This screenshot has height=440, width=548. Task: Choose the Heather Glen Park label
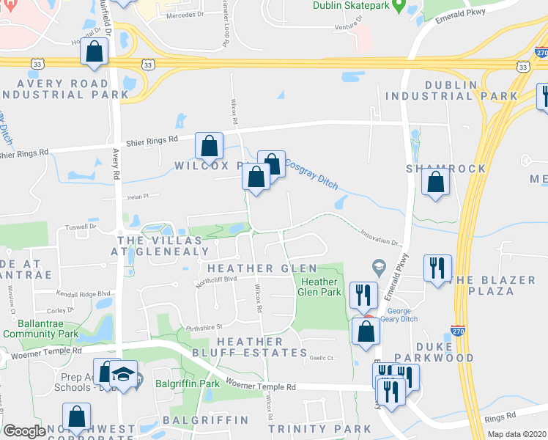tap(320, 287)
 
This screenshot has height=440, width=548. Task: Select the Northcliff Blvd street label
tap(216, 279)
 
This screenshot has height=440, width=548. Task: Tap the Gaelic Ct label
tap(321, 358)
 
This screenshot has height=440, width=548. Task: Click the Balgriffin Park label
tap(188, 382)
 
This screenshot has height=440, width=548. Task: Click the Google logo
tap(24, 431)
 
